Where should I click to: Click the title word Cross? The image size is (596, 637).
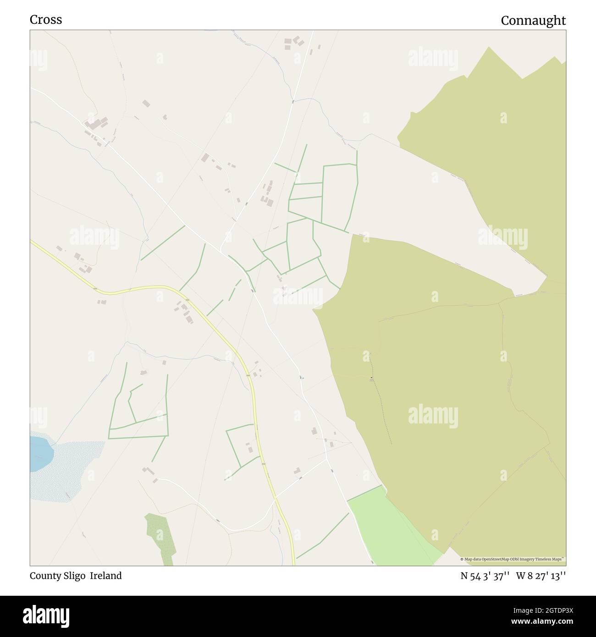[46, 20]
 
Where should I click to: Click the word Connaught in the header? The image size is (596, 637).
[533, 21]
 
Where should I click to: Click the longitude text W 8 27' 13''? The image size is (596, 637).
[541, 576]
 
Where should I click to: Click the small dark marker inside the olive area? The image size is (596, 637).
[371, 379]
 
